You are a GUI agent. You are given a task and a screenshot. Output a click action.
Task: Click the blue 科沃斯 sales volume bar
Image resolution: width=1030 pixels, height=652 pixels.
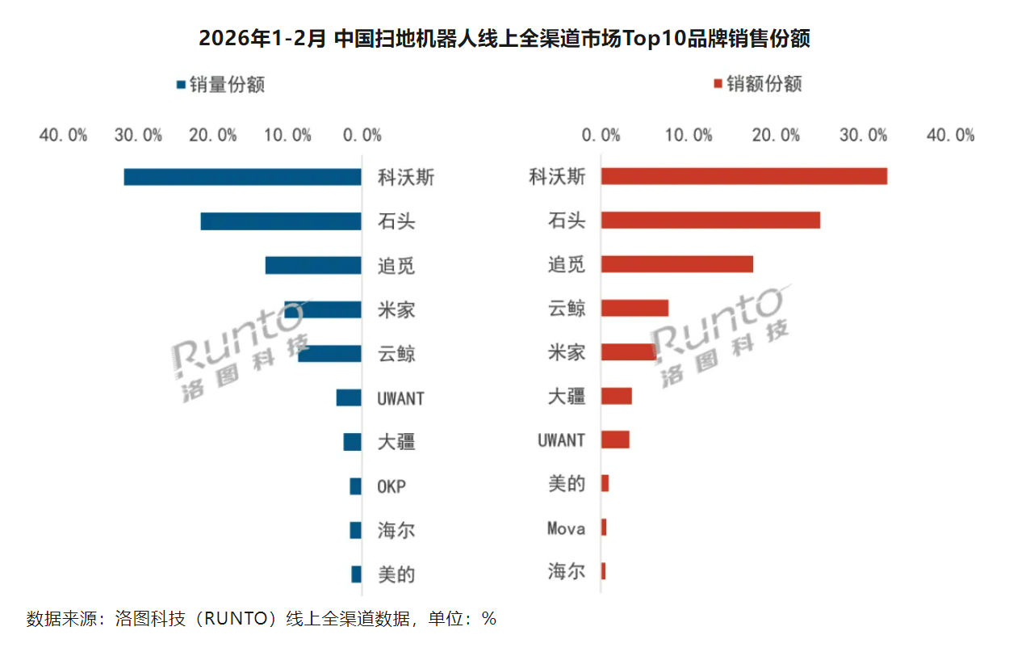click(242, 177)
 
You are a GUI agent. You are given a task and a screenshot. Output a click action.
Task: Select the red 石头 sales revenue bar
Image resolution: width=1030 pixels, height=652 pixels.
click(710, 220)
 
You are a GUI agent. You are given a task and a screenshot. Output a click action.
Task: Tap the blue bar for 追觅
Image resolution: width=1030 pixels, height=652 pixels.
click(313, 265)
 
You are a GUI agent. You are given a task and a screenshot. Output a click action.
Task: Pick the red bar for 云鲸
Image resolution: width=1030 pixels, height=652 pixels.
click(635, 308)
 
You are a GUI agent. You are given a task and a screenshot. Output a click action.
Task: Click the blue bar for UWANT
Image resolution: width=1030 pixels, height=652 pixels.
click(349, 398)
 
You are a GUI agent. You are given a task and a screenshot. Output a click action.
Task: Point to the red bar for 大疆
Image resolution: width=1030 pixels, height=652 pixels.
click(617, 396)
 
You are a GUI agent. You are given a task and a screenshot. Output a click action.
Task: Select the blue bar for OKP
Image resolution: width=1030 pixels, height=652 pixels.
click(355, 486)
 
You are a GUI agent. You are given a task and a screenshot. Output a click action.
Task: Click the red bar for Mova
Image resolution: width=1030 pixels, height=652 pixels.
click(604, 528)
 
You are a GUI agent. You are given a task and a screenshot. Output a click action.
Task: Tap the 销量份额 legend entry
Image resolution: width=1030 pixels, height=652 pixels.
click(220, 84)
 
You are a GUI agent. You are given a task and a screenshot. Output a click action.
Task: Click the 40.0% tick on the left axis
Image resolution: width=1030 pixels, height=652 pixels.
click(63, 136)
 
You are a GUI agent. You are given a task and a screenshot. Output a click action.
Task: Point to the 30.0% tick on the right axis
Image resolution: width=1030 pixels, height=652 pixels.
click(863, 136)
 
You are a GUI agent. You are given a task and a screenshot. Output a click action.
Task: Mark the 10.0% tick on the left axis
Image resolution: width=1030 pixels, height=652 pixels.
click(287, 136)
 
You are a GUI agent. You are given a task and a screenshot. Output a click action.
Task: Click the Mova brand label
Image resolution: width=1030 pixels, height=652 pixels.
click(566, 528)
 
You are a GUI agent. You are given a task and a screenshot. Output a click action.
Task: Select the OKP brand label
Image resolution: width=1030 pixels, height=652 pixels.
click(391, 487)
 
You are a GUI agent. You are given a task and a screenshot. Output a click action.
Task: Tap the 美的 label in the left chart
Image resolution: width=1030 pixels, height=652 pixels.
click(396, 575)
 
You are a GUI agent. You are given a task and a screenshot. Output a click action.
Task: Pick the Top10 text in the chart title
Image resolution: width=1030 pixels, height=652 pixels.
click(653, 39)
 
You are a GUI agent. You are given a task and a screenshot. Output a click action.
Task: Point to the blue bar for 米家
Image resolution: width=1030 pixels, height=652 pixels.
click(323, 309)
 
